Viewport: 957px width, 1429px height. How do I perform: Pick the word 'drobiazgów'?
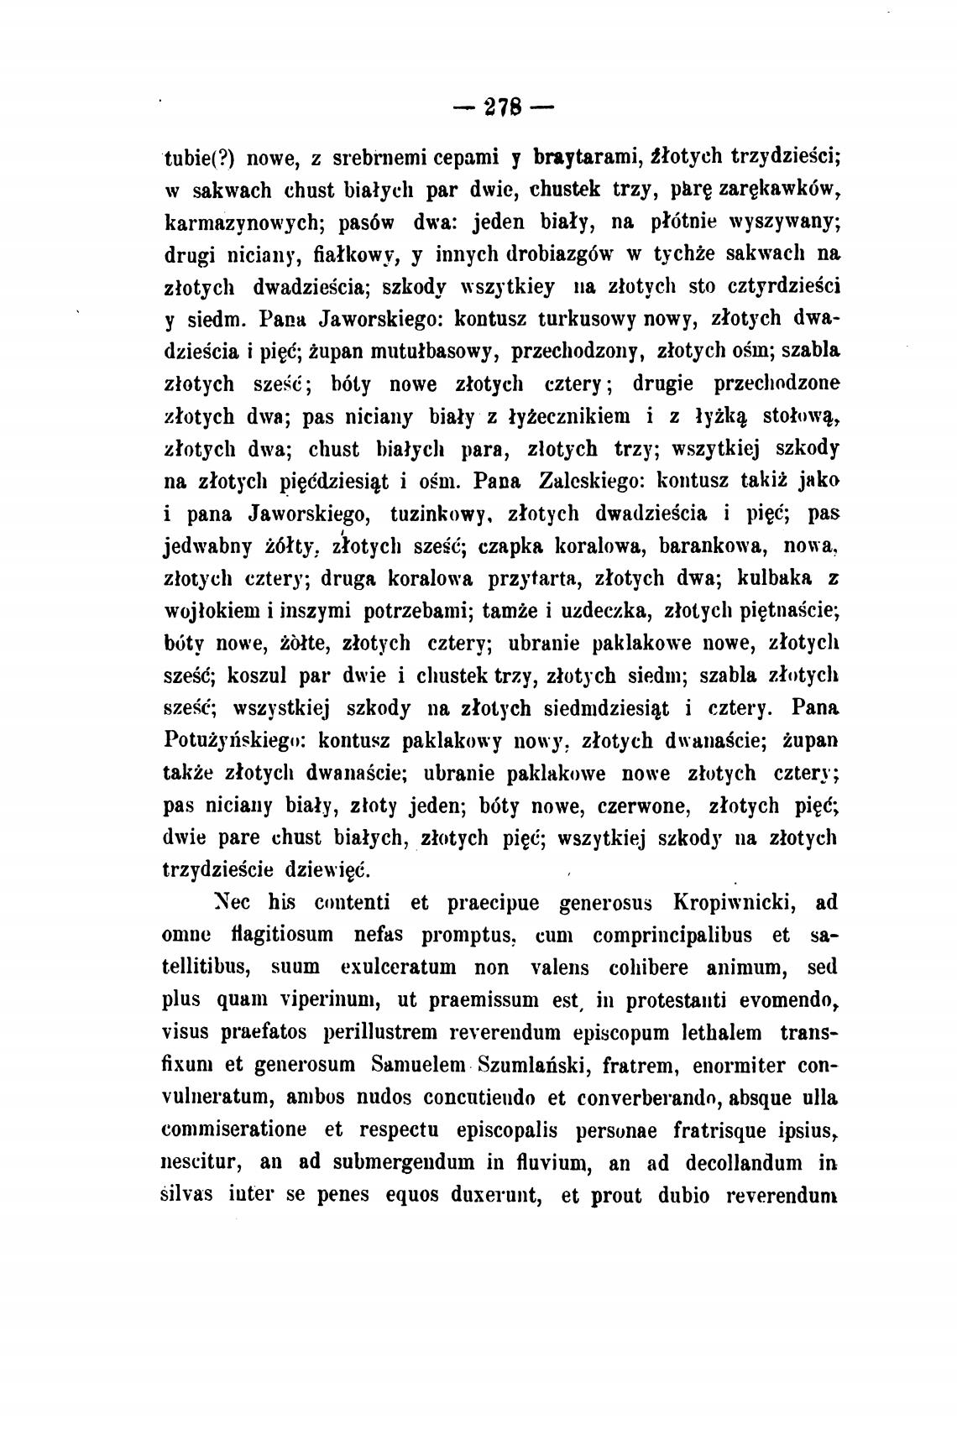click(561, 255)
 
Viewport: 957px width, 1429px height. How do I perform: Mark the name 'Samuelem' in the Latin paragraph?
click(418, 1065)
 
